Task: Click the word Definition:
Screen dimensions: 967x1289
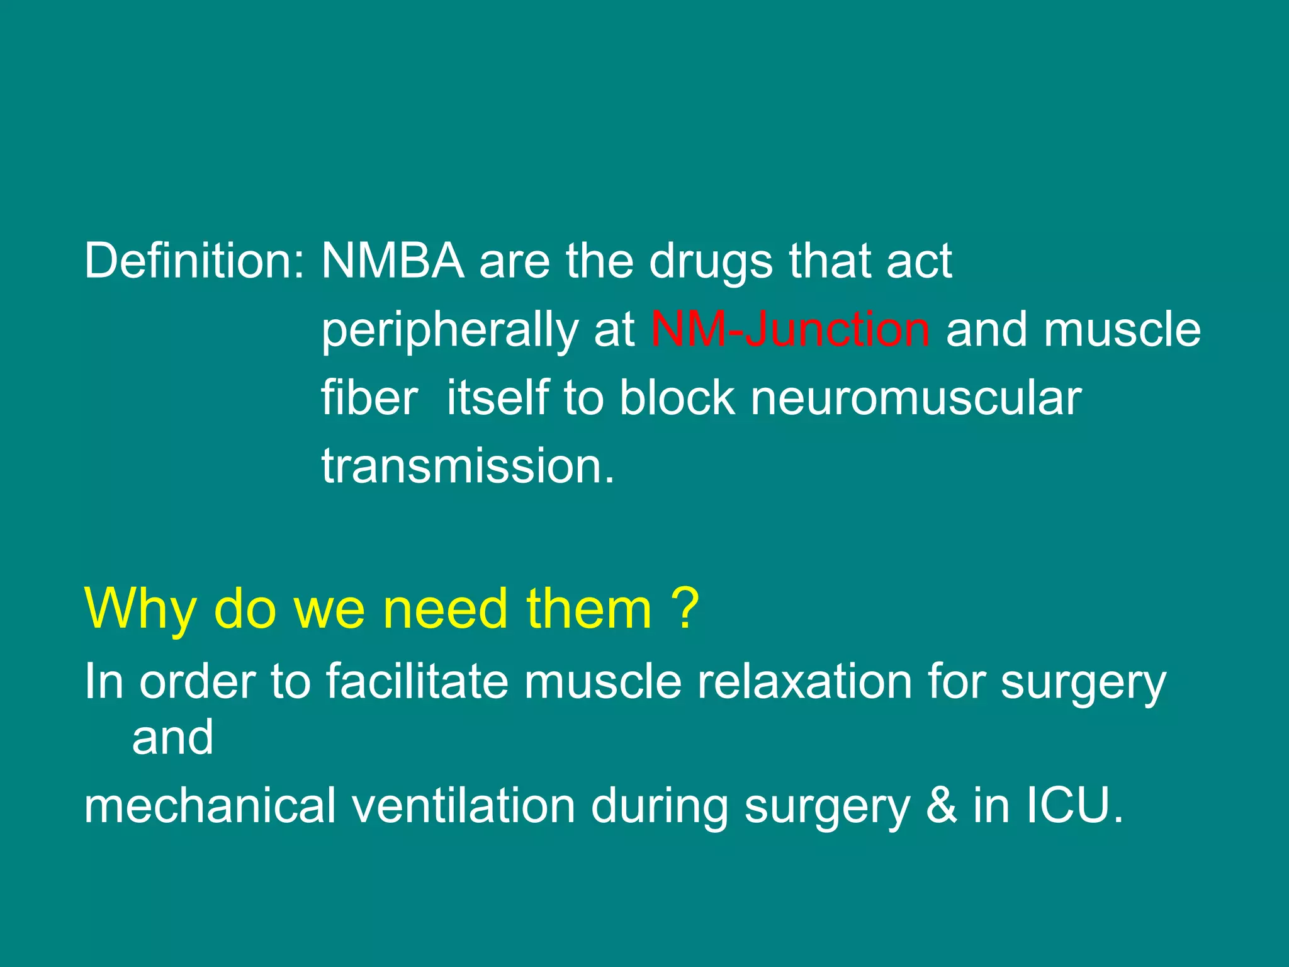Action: (x=194, y=261)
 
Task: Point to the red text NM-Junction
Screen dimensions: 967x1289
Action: (x=790, y=330)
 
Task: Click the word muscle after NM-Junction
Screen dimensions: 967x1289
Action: (x=1122, y=330)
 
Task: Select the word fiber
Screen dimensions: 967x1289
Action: (x=369, y=398)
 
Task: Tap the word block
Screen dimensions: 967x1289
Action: (x=677, y=398)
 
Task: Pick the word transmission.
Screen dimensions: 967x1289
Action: (x=467, y=467)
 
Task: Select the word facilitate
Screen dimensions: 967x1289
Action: (x=417, y=681)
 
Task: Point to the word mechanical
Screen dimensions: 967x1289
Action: (x=210, y=806)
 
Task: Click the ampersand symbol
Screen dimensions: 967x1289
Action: (x=941, y=806)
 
